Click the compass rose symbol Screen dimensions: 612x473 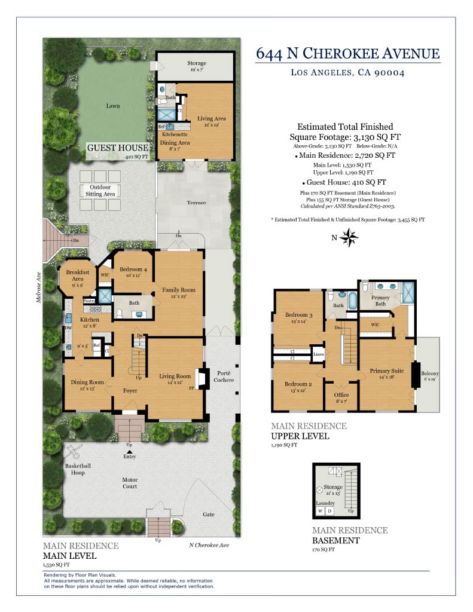pyautogui.click(x=349, y=238)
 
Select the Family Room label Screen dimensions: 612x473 pyautogui.click(x=179, y=290)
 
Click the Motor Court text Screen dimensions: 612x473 pyautogui.click(x=130, y=482)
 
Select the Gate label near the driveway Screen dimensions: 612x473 pyautogui.click(x=208, y=514)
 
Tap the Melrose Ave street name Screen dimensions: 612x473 pyautogui.click(x=38, y=289)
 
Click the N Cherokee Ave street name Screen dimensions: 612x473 pyautogui.click(x=209, y=544)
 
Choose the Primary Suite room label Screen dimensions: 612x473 pyautogui.click(x=386, y=371)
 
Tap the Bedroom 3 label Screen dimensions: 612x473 pyautogui.click(x=298, y=315)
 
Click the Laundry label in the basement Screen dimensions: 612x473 pyautogui.click(x=325, y=503)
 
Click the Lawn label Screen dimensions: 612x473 pyautogui.click(x=113, y=106)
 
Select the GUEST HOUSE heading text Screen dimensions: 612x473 pyautogui.click(x=117, y=148)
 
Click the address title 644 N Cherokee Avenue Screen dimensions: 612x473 pyautogui.click(x=348, y=53)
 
